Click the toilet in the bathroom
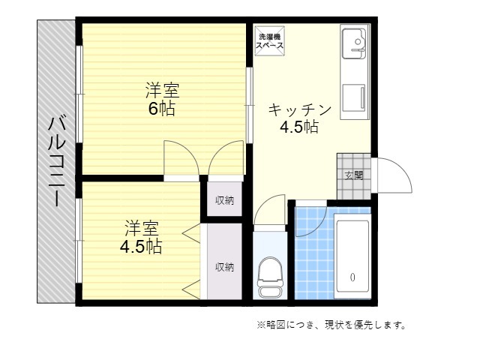click(x=269, y=277)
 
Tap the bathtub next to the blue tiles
click(x=352, y=256)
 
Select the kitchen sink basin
click(x=354, y=43)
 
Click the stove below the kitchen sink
click(x=354, y=97)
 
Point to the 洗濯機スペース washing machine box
click(x=270, y=41)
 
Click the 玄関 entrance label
click(x=354, y=175)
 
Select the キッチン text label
click(x=300, y=109)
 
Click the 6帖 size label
click(x=162, y=108)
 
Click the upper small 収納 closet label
click(x=225, y=200)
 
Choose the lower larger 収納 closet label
click(x=225, y=267)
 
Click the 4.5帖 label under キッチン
click(x=299, y=127)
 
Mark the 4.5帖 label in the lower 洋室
click(x=141, y=247)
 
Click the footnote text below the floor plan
click(x=331, y=325)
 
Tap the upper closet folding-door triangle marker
click(x=191, y=233)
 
